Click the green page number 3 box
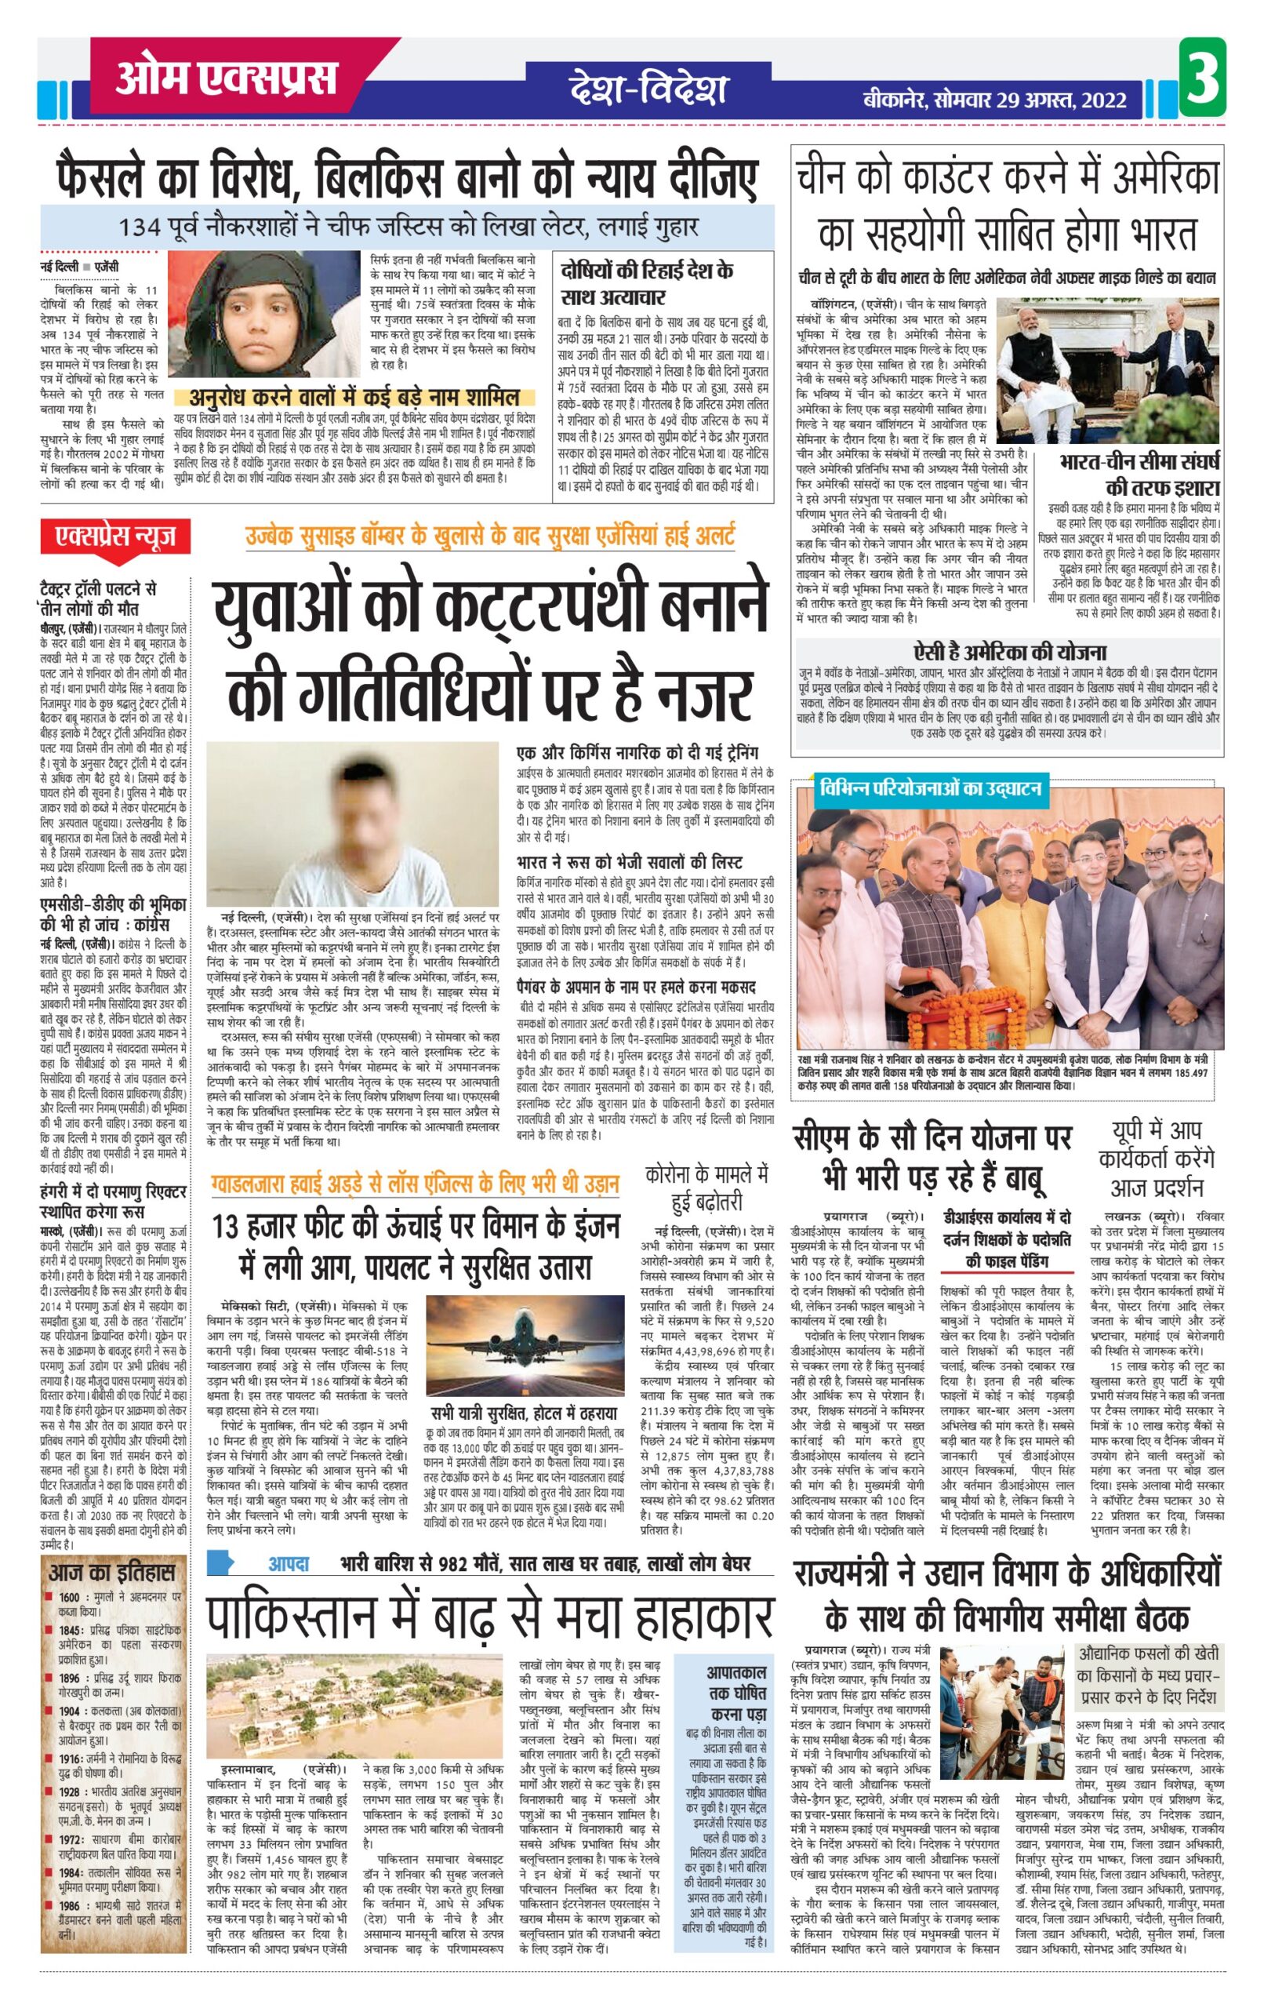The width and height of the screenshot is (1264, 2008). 1202,77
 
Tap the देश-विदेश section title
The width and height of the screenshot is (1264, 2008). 648,89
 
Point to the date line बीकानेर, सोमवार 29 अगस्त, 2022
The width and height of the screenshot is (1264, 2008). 995,101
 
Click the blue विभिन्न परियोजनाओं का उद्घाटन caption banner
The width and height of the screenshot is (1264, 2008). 930,788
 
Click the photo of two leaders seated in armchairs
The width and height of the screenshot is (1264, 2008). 1107,369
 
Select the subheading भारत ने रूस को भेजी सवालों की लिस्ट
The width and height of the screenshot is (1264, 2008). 629,861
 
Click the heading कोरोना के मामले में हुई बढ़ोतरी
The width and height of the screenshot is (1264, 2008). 706,1188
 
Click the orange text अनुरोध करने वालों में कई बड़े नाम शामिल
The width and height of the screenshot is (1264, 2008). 354,397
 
